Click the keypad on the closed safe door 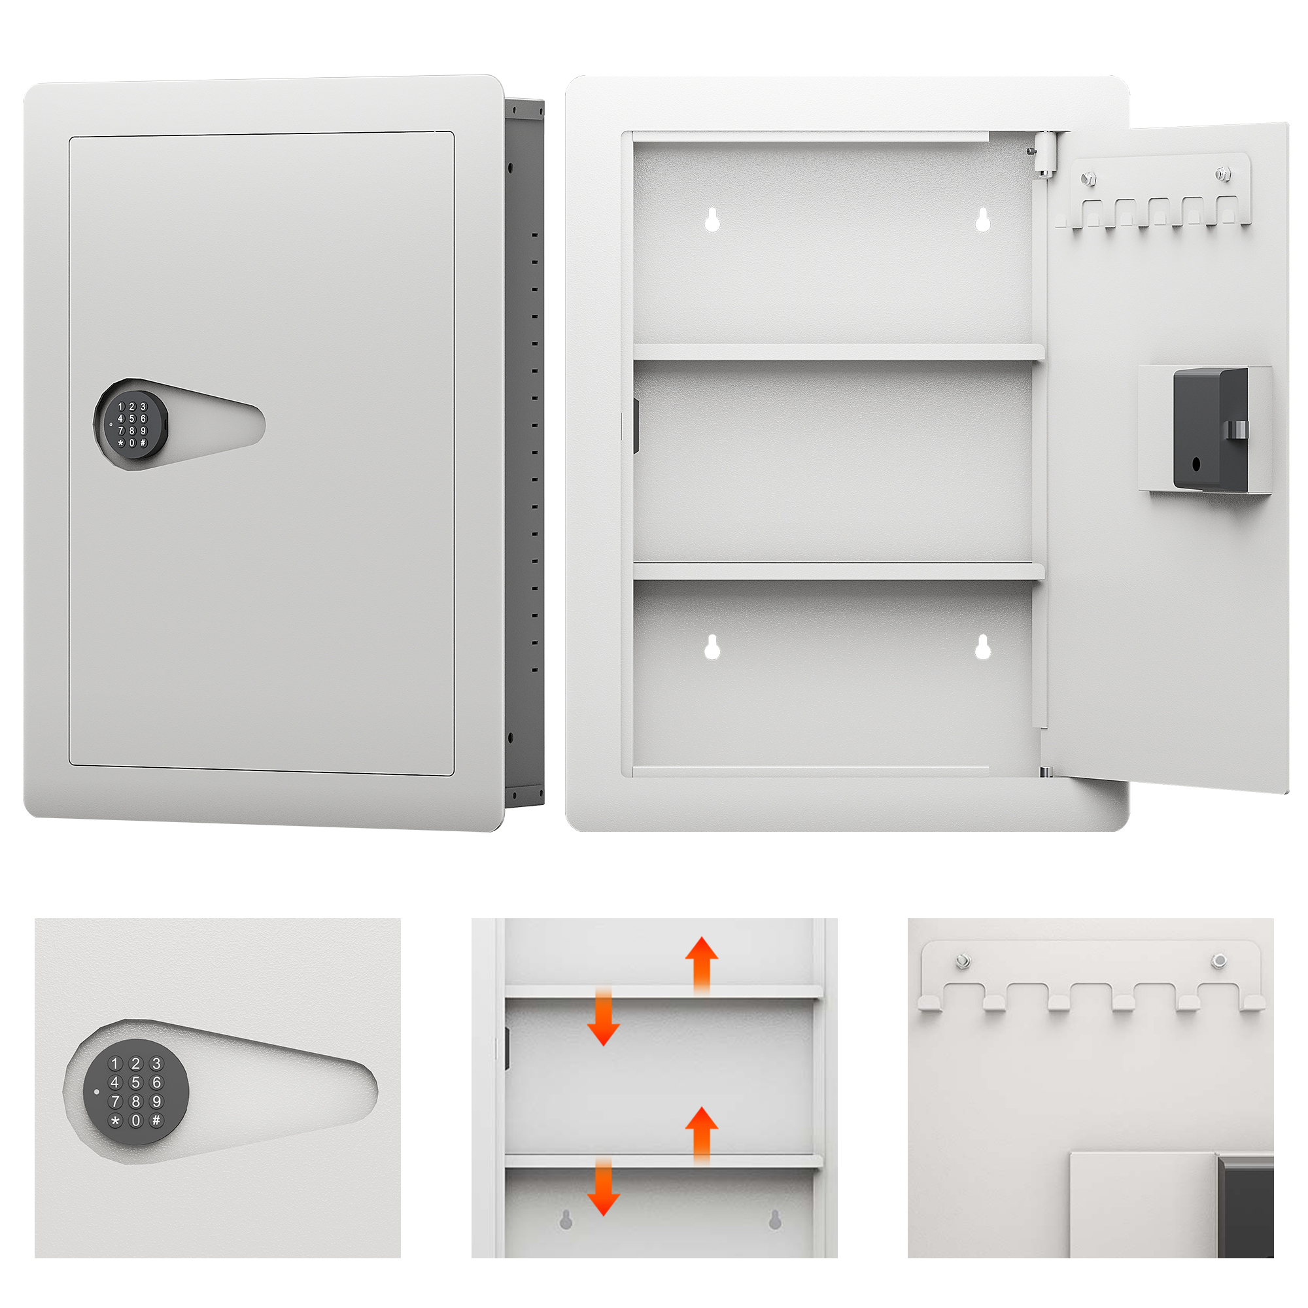pyautogui.click(x=131, y=424)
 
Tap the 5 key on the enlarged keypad pyautogui.click(x=135, y=1082)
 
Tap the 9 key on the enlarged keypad pyautogui.click(x=156, y=1101)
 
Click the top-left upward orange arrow pyautogui.click(x=701, y=965)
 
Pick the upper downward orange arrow pyautogui.click(x=603, y=1025)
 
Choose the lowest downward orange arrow pyautogui.click(x=603, y=1196)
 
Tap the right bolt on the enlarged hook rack pyautogui.click(x=1218, y=959)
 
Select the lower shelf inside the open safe pyautogui.click(x=838, y=572)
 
